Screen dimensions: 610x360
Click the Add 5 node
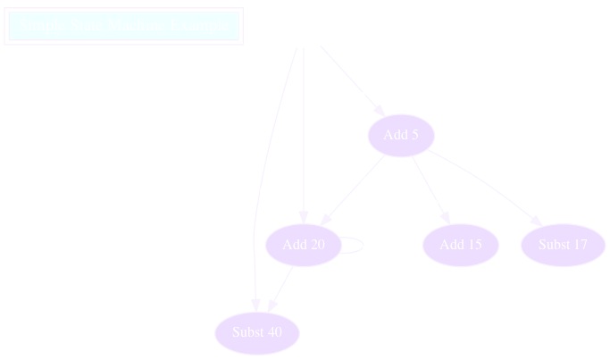tap(401, 136)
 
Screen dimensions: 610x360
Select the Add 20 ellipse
tap(304, 245)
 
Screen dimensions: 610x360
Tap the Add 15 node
tap(460, 245)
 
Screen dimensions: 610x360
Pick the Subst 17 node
tap(563, 245)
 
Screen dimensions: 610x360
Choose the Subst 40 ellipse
tap(257, 332)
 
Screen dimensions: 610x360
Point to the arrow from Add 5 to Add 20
tap(354, 189)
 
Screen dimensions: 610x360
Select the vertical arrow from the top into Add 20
tap(304, 134)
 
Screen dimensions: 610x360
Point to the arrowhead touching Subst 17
tap(536, 220)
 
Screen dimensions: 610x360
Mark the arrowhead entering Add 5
tap(380, 111)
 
